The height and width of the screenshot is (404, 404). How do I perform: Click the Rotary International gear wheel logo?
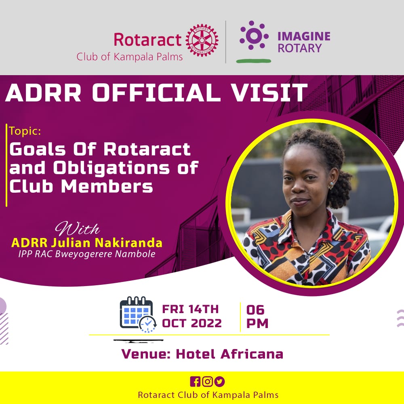click(202, 40)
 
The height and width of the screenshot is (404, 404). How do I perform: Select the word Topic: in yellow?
click(25, 132)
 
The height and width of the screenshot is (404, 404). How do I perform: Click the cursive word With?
click(77, 229)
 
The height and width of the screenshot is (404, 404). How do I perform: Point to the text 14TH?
click(204, 309)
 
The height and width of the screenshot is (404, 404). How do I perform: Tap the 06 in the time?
click(255, 310)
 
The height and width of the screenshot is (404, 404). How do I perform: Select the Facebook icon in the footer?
click(195, 381)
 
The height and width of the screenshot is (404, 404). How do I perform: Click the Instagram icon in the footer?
click(207, 381)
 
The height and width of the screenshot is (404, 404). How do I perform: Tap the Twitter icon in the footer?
click(219, 381)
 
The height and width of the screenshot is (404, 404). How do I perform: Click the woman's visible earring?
click(331, 185)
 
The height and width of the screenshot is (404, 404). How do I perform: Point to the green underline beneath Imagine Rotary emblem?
click(253, 61)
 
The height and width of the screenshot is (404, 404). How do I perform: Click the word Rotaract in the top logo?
click(148, 40)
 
